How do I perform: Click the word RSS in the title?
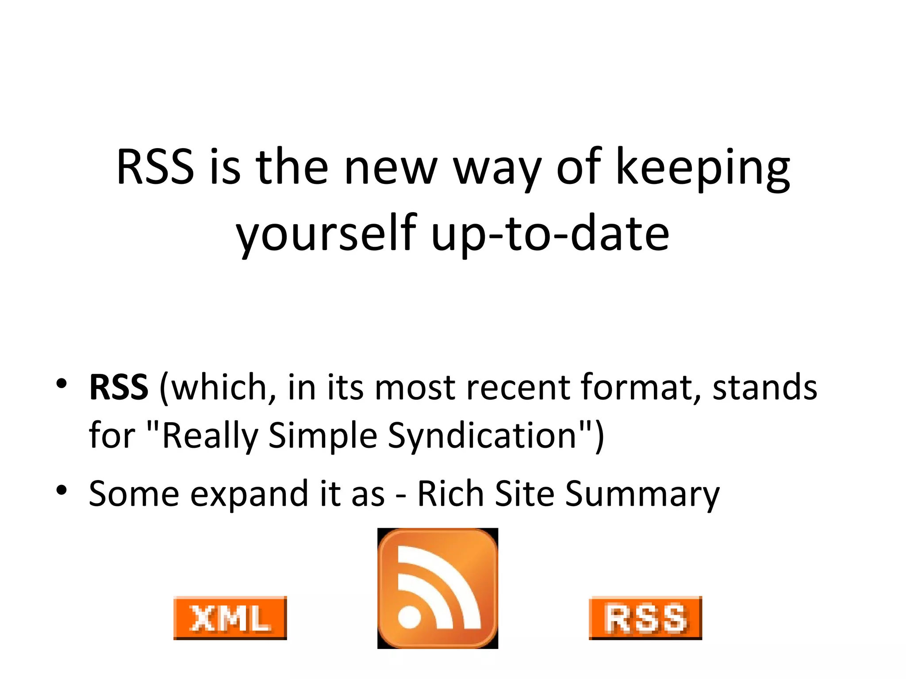[155, 167]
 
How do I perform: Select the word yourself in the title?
[326, 234]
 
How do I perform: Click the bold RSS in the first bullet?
[119, 387]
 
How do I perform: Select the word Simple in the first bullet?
[322, 435]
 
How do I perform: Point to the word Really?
[210, 435]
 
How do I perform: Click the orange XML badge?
[230, 618]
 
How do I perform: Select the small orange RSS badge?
[645, 618]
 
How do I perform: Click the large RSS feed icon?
[438, 588]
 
